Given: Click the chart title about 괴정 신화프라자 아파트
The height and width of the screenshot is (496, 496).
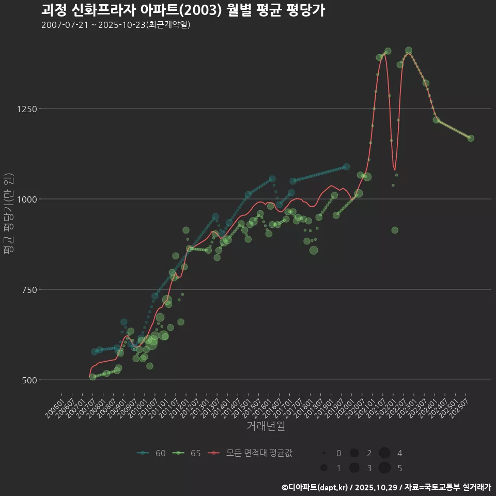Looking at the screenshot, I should pos(183,10).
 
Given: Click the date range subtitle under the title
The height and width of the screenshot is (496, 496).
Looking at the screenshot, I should pos(116,25).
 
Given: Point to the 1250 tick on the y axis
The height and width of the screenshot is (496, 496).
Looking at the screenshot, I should pos(27,109).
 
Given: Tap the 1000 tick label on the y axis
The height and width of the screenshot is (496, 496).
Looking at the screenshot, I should pos(27,199).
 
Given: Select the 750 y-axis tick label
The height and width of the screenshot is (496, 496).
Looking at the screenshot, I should pos(29,290).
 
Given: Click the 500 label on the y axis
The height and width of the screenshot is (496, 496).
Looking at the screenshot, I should pos(29,380).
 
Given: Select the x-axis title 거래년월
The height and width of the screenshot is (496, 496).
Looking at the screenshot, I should pos(266,426).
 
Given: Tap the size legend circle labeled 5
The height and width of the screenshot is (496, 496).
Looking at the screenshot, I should pos(384,468).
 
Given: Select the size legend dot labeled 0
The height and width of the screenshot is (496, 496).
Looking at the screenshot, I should pos(324,453).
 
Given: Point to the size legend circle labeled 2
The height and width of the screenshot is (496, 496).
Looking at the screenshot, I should pos(354,453).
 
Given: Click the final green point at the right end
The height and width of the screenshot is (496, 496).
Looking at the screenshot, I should pos(471,138).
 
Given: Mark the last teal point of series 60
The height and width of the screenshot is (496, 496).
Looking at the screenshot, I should pos(347,167).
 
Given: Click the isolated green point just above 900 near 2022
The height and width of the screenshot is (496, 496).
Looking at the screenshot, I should pos(395,230).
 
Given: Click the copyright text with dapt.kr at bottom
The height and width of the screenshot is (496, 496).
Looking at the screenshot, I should pos(386,487).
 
